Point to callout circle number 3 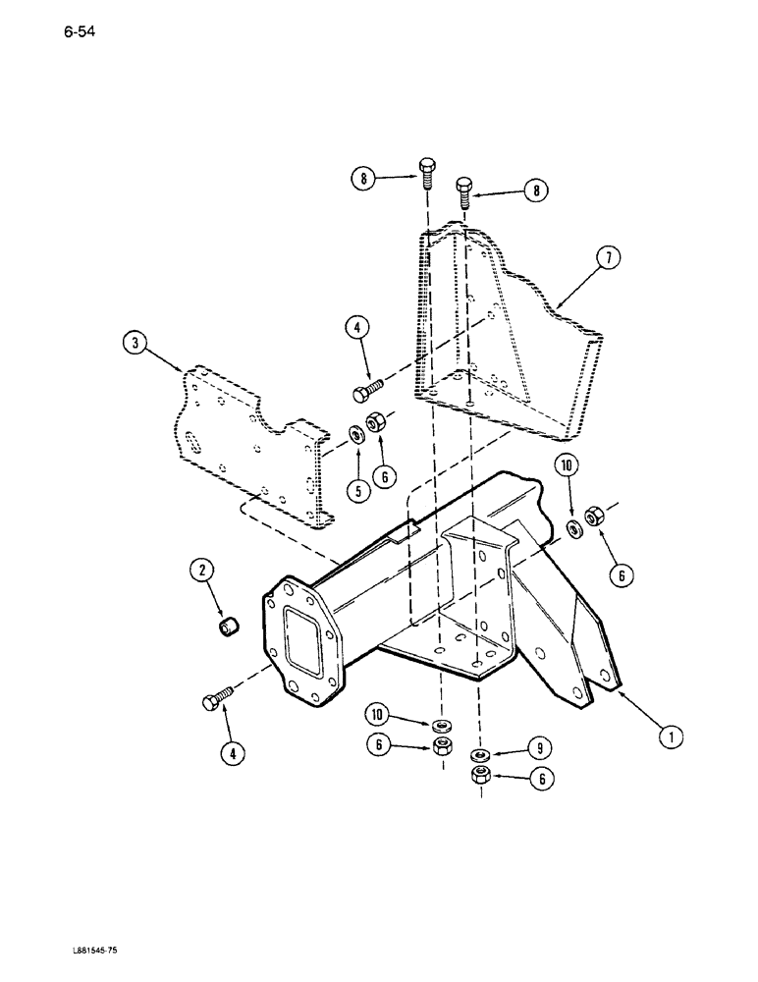pyautogui.click(x=135, y=343)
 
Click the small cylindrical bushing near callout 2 pyautogui.click(x=231, y=625)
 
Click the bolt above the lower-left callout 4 pyautogui.click(x=214, y=699)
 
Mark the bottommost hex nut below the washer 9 pyautogui.click(x=479, y=776)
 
